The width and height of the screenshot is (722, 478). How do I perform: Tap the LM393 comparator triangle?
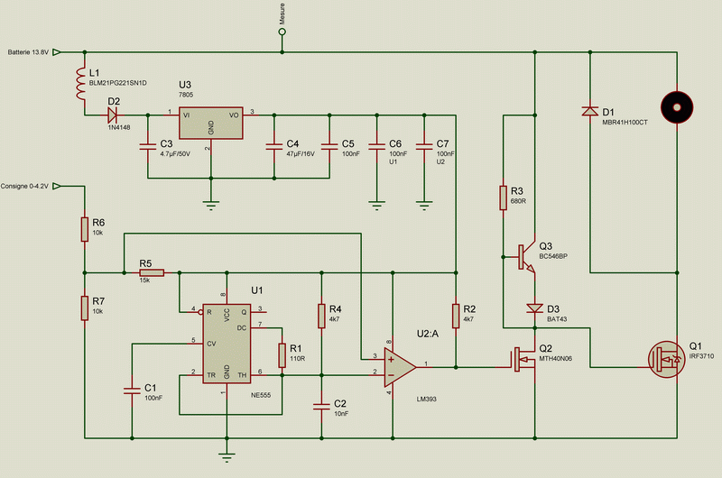[x=396, y=366]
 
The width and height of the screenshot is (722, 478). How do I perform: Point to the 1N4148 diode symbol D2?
[x=113, y=115]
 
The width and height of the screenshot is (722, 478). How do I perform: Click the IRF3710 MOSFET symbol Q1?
[x=669, y=358]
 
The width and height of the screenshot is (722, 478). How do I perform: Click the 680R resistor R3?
[x=503, y=198]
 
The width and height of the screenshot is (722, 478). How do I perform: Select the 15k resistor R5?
[x=151, y=271]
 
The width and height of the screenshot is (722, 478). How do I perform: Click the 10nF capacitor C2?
[x=321, y=405]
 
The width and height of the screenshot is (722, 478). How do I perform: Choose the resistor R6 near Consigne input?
[x=84, y=227]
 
